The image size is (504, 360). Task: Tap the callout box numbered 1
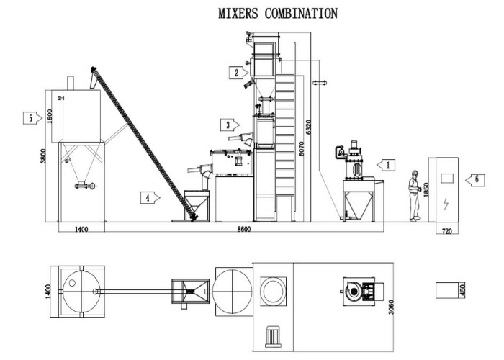click(x=387, y=164)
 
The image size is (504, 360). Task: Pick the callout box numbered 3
click(x=230, y=125)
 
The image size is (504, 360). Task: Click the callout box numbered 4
click(x=148, y=195)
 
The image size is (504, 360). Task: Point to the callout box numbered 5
click(x=30, y=117)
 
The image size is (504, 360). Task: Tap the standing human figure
click(x=414, y=194)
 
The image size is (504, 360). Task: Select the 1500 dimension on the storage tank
click(x=50, y=115)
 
